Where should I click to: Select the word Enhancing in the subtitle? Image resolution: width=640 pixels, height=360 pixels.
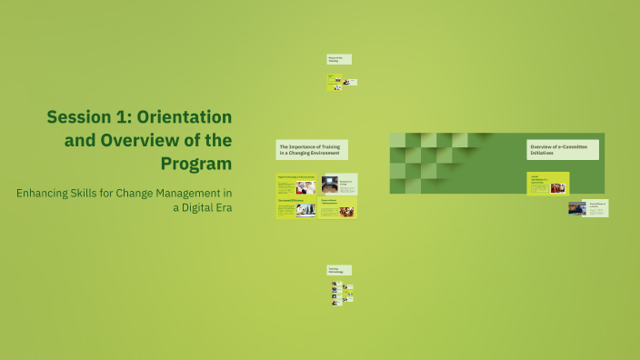(x=50, y=193)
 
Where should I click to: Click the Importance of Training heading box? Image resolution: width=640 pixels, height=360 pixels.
(x=312, y=150)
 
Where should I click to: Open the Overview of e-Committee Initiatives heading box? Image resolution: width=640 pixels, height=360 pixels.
(x=563, y=150)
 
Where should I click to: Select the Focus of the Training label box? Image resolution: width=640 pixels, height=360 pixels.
(x=339, y=59)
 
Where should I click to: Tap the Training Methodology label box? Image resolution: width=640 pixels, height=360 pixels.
(x=339, y=270)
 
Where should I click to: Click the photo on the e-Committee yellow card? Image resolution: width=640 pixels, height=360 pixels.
(x=556, y=187)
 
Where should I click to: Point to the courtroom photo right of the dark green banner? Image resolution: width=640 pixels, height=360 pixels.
(x=577, y=208)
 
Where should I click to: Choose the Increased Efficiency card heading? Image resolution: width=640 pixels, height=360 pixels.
(x=291, y=201)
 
